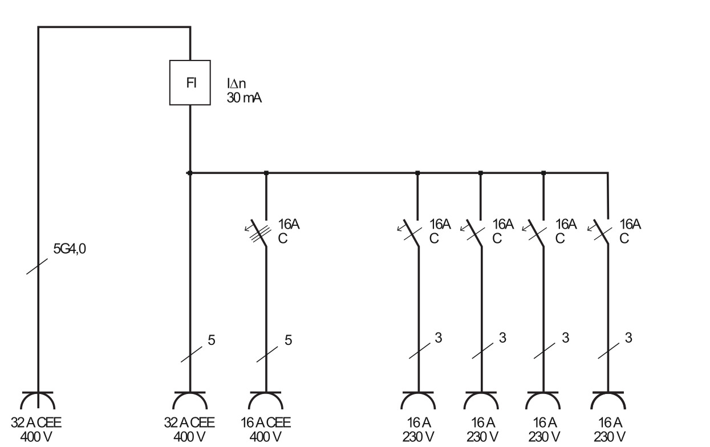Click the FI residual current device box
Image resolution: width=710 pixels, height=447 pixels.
pyautogui.click(x=190, y=83)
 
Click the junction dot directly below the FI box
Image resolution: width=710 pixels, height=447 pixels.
pyautogui.click(x=190, y=172)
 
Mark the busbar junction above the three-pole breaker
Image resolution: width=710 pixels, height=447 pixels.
pyautogui.click(x=266, y=172)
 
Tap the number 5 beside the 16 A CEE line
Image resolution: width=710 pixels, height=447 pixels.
pyautogui.click(x=288, y=340)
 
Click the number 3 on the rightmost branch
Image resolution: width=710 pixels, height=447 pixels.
pyautogui.click(x=628, y=338)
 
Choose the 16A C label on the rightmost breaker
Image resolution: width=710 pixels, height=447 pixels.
pyautogui.click(x=630, y=231)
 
